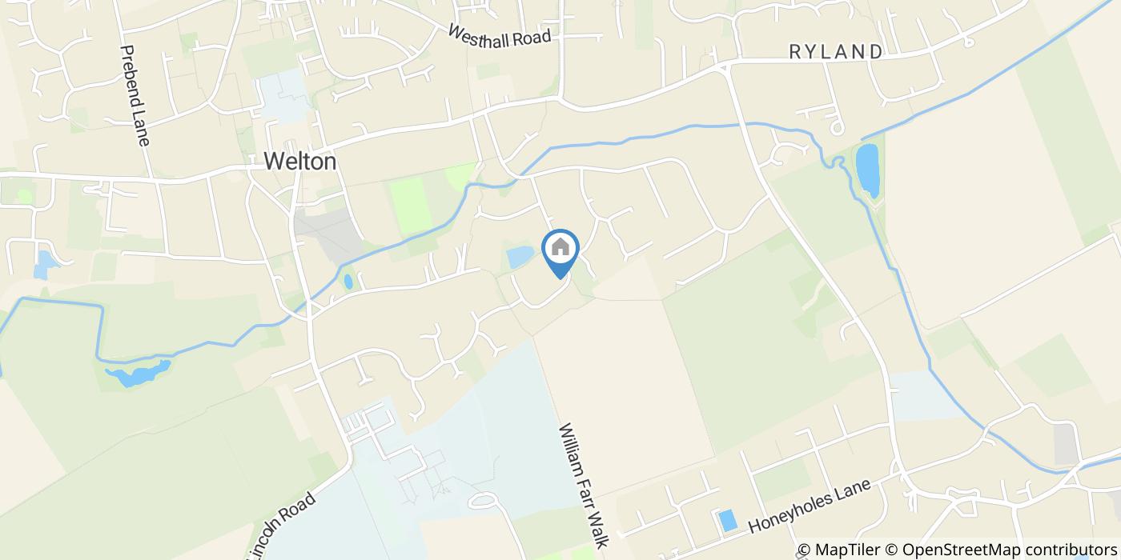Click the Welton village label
point(300,162)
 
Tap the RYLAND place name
point(836,52)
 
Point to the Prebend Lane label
point(135,95)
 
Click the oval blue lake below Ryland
point(867,170)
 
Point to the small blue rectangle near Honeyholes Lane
point(728,520)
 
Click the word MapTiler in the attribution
point(850,550)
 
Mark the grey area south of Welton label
point(328,232)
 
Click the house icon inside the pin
point(560,247)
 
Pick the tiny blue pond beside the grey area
point(348,282)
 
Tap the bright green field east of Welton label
point(410,204)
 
